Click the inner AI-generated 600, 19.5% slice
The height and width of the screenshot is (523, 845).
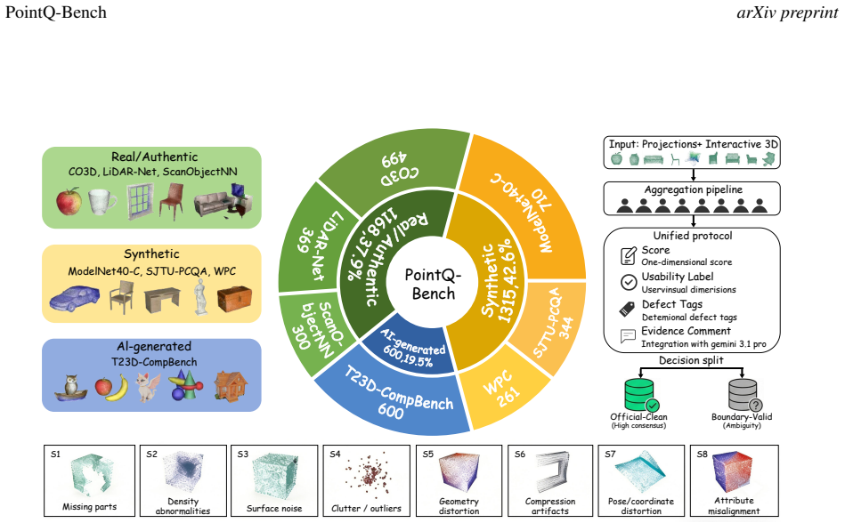click(x=410, y=350)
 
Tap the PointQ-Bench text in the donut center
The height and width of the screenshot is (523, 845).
click(x=434, y=284)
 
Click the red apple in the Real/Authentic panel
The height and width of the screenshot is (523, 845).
click(x=69, y=202)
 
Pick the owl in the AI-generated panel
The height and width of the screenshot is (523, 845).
click(x=71, y=388)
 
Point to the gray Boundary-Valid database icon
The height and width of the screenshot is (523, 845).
click(x=744, y=395)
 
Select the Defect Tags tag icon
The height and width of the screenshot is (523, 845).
click(x=627, y=309)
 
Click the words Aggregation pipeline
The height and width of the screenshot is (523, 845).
click(x=693, y=189)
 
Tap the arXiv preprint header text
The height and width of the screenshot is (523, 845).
click(x=787, y=12)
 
